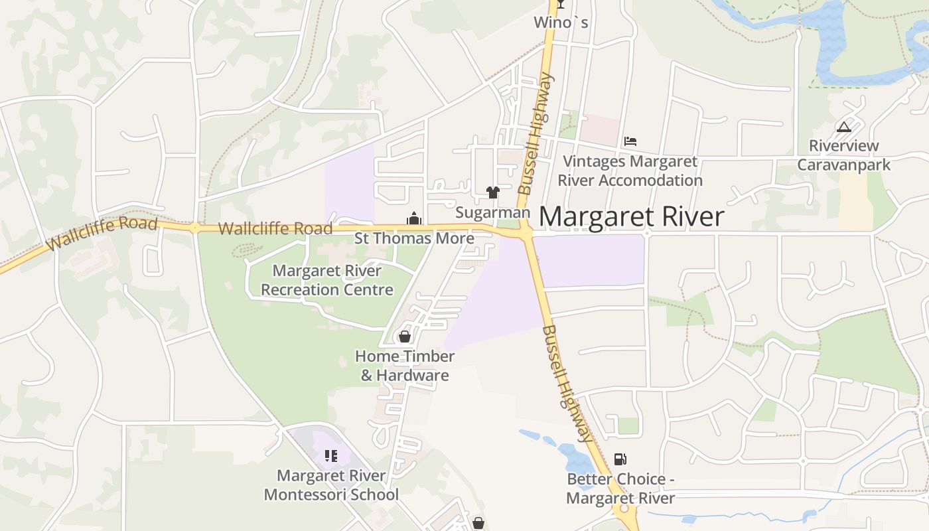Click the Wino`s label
561,23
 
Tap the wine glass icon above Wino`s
561,5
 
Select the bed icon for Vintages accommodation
630,141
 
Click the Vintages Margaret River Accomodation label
630,171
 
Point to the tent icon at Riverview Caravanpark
844,127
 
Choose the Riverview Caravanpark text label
843,155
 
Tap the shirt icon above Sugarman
492,192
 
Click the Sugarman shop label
492,212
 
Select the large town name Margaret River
630,217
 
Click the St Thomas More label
414,238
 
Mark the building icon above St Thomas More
414,218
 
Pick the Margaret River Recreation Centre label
327,280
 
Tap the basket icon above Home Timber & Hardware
405,337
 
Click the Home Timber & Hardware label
405,366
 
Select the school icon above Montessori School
331,455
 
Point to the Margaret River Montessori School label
331,485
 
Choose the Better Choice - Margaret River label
620,489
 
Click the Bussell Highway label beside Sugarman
535,134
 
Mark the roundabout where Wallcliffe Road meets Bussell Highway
526,232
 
